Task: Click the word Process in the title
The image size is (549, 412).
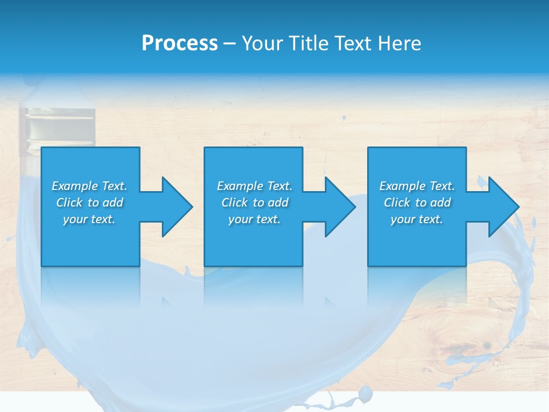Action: tap(180, 43)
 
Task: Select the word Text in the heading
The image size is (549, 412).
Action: tap(352, 43)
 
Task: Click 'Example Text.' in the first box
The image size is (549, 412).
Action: tap(89, 186)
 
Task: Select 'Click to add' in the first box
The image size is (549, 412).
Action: tap(89, 203)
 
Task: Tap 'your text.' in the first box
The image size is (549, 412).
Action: tap(89, 219)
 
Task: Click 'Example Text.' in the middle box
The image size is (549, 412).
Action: tap(254, 186)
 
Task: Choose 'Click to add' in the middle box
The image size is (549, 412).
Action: tap(254, 203)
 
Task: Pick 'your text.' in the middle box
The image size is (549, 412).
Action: tap(254, 219)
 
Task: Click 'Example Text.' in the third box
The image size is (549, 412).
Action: tap(417, 186)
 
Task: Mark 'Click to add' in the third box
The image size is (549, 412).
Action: tap(417, 203)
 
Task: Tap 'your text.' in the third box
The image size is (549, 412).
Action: tap(417, 219)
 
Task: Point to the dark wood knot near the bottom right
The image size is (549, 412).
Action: tap(487, 345)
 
